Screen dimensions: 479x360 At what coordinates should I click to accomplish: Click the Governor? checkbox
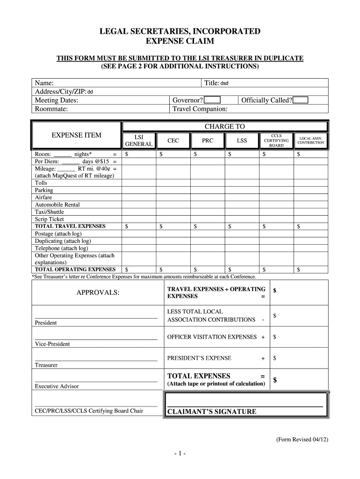[212, 100]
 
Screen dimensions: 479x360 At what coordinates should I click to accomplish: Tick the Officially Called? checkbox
[301, 100]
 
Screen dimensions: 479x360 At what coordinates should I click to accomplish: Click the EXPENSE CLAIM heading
[180, 42]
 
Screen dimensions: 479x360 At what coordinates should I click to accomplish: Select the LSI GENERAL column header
[138, 141]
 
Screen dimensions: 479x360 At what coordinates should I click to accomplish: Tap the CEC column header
[173, 140]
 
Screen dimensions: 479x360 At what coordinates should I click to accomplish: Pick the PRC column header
[208, 140]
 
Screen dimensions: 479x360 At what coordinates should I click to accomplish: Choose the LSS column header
[242, 140]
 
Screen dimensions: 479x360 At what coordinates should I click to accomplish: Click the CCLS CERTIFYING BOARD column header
[276, 140]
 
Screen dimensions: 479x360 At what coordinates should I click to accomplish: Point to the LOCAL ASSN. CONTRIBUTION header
[311, 140]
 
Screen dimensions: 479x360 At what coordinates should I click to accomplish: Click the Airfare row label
[43, 197]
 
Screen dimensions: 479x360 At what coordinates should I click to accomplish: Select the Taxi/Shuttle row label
[49, 212]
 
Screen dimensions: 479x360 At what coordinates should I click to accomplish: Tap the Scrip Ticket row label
[50, 219]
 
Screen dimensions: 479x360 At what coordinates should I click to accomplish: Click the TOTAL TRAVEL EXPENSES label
[70, 226]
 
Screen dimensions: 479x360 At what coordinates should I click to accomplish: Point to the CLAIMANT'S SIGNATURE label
[212, 412]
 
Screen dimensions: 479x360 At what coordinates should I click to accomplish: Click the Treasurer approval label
[46, 365]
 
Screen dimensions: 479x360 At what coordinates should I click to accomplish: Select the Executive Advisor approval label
[57, 386]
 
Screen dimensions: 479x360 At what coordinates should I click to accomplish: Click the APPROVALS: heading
[98, 293]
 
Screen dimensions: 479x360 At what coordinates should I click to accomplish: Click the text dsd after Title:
[224, 83]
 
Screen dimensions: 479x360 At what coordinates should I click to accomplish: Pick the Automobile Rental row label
[57, 204]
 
